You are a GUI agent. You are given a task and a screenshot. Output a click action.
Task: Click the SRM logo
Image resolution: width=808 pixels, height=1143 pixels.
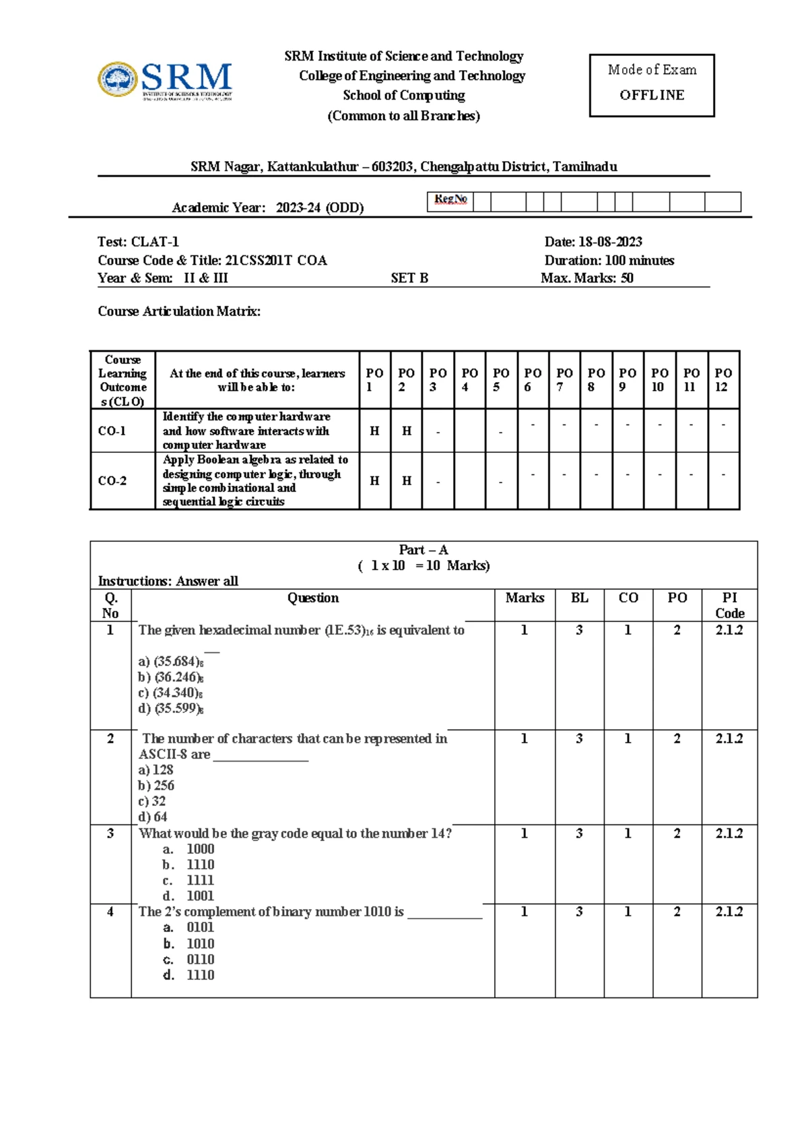[x=166, y=81]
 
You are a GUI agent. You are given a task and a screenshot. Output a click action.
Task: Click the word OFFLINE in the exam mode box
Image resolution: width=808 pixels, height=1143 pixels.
[x=652, y=95]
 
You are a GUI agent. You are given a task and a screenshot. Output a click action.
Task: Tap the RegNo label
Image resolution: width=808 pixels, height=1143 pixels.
[x=450, y=199]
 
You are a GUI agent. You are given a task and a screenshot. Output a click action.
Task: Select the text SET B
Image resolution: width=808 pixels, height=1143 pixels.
[x=409, y=278]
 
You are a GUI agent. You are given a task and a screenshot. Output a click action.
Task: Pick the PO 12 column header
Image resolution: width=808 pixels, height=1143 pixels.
[x=723, y=379]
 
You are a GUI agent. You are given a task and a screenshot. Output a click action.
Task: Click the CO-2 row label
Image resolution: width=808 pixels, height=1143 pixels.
[x=112, y=481]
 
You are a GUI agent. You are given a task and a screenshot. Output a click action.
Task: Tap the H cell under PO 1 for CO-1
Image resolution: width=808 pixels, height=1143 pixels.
[x=374, y=431]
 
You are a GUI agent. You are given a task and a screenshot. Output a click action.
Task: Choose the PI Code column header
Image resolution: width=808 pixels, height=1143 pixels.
[x=729, y=605]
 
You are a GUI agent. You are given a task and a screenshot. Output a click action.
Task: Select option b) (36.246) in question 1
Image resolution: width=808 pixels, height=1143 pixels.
[x=171, y=677]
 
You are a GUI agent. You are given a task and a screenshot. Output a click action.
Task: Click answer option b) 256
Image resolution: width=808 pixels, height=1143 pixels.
[x=156, y=786]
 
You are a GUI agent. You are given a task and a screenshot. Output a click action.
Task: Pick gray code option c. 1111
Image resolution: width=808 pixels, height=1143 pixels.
[x=189, y=880]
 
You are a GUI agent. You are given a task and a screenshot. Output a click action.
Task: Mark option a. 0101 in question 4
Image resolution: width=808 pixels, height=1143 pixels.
[x=189, y=927]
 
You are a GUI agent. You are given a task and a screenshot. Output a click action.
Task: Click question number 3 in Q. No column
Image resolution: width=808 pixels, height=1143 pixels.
[x=110, y=834]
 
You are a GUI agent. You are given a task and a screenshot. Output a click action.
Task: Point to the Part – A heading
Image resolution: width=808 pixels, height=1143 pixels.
[x=423, y=550]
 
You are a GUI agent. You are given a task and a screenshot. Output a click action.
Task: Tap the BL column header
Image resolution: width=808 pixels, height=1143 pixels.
[x=579, y=598]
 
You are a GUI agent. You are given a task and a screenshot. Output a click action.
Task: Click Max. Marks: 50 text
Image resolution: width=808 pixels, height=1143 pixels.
[x=586, y=278]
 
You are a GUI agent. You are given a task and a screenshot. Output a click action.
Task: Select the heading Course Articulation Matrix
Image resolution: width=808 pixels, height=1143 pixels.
[x=179, y=311]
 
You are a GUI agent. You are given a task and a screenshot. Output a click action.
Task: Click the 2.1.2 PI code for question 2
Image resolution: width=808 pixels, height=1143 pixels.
[x=729, y=739]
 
